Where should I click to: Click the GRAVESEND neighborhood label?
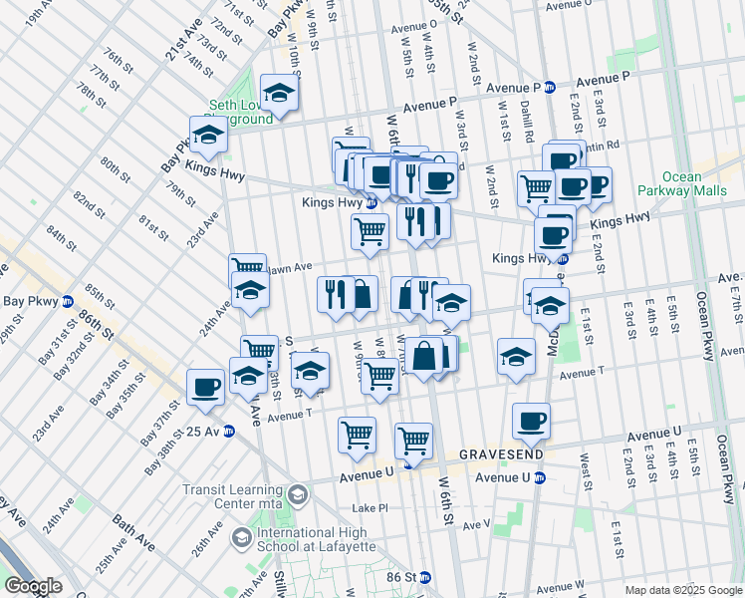point(501,454)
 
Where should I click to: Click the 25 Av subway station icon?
point(229,431)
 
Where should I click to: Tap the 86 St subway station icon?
point(425,577)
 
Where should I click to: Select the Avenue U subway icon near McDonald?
point(539,477)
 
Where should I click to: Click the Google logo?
point(33,586)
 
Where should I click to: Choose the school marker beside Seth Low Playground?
point(280,93)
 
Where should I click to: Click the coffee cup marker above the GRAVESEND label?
point(531,421)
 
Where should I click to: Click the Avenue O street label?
point(413,27)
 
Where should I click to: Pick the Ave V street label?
point(475,524)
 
